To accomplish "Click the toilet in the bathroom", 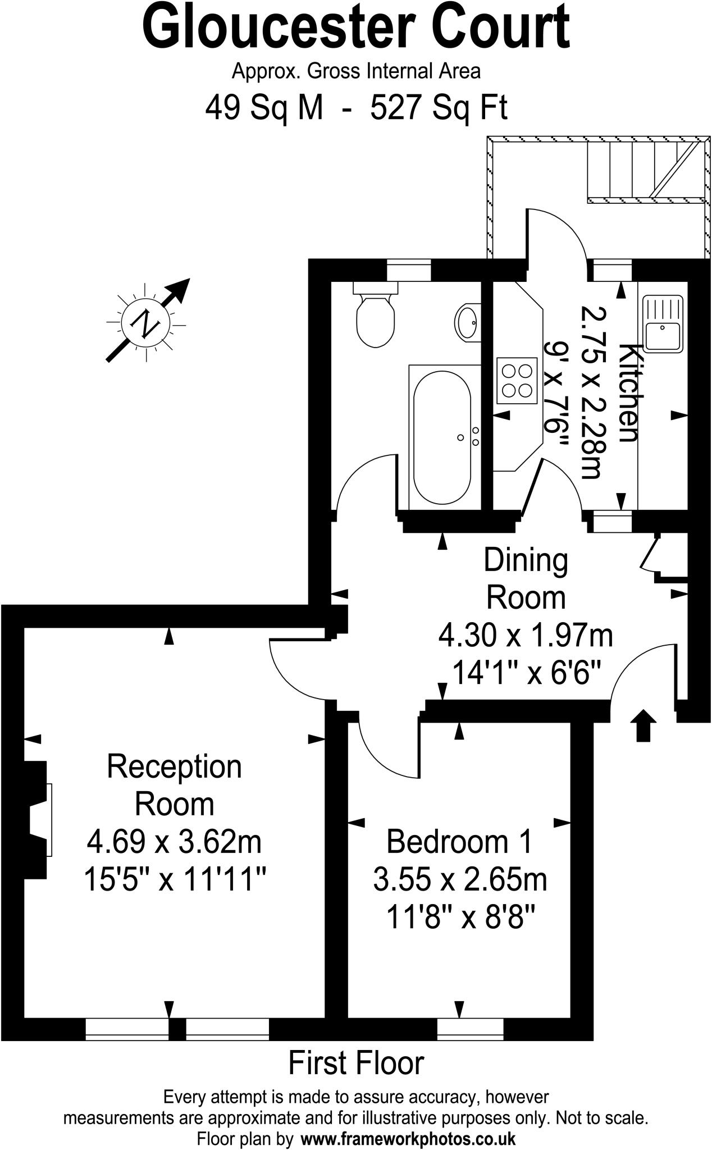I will point(375,320).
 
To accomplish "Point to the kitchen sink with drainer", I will point(663,324).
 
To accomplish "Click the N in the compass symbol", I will point(145,323).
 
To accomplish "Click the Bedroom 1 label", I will point(459,842).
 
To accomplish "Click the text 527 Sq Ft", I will point(439,107).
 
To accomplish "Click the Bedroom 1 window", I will point(470,1028).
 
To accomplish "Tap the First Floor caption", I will point(356,1063).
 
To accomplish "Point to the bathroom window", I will point(409,269).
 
